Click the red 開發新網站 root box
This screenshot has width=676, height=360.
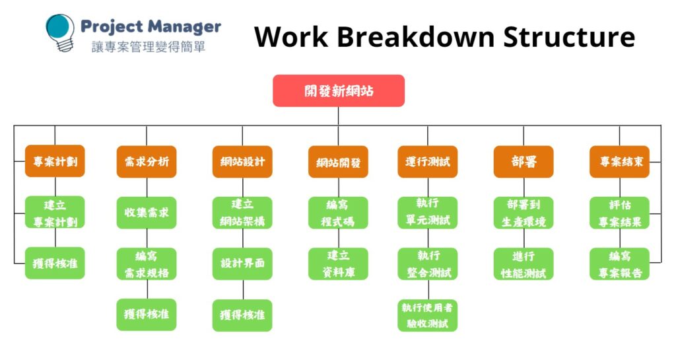(338, 90)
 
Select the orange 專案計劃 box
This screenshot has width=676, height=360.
(55, 161)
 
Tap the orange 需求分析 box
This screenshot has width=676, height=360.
(147, 161)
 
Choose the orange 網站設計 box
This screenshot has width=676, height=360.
(242, 161)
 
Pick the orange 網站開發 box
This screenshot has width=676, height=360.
(338, 162)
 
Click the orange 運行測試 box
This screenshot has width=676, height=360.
(427, 161)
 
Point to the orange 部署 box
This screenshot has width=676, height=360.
(524, 161)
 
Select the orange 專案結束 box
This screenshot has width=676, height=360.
(619, 161)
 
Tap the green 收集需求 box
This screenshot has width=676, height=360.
(147, 213)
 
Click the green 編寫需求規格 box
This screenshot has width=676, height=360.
(147, 264)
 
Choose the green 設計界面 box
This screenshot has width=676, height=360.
(242, 264)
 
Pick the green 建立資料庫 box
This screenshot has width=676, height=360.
(338, 264)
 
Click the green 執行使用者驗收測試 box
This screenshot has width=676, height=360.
(427, 315)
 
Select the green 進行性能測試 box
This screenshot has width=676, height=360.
(524, 264)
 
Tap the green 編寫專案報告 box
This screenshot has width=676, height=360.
(619, 264)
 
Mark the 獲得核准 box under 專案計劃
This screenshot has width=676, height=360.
(55, 264)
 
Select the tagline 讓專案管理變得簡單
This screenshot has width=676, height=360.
(149, 48)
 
